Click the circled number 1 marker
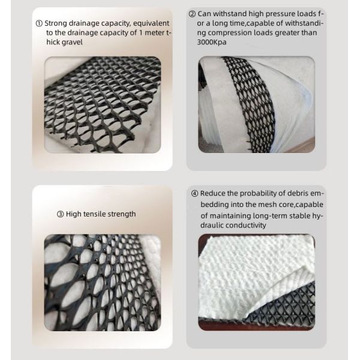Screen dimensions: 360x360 [x=39, y=23]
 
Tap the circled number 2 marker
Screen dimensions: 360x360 [x=192, y=14]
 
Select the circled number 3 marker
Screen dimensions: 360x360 [x=60, y=214]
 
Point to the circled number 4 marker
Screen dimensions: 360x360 [x=194, y=194]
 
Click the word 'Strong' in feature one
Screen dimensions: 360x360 [x=56, y=23]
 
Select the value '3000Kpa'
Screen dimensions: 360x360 [x=212, y=42]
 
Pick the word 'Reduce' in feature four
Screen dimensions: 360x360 [x=212, y=193]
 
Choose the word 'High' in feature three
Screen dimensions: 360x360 [x=73, y=214]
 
